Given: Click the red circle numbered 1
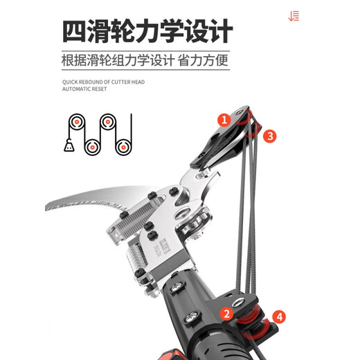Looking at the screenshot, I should (224, 120).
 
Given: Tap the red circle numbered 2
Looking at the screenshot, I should (226, 314).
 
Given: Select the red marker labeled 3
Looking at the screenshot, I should (270, 136).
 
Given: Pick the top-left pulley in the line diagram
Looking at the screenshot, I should (76, 124).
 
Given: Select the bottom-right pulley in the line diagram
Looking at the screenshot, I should (123, 146).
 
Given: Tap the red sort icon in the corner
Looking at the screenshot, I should (294, 16).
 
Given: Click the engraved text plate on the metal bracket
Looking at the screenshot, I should (168, 244).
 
